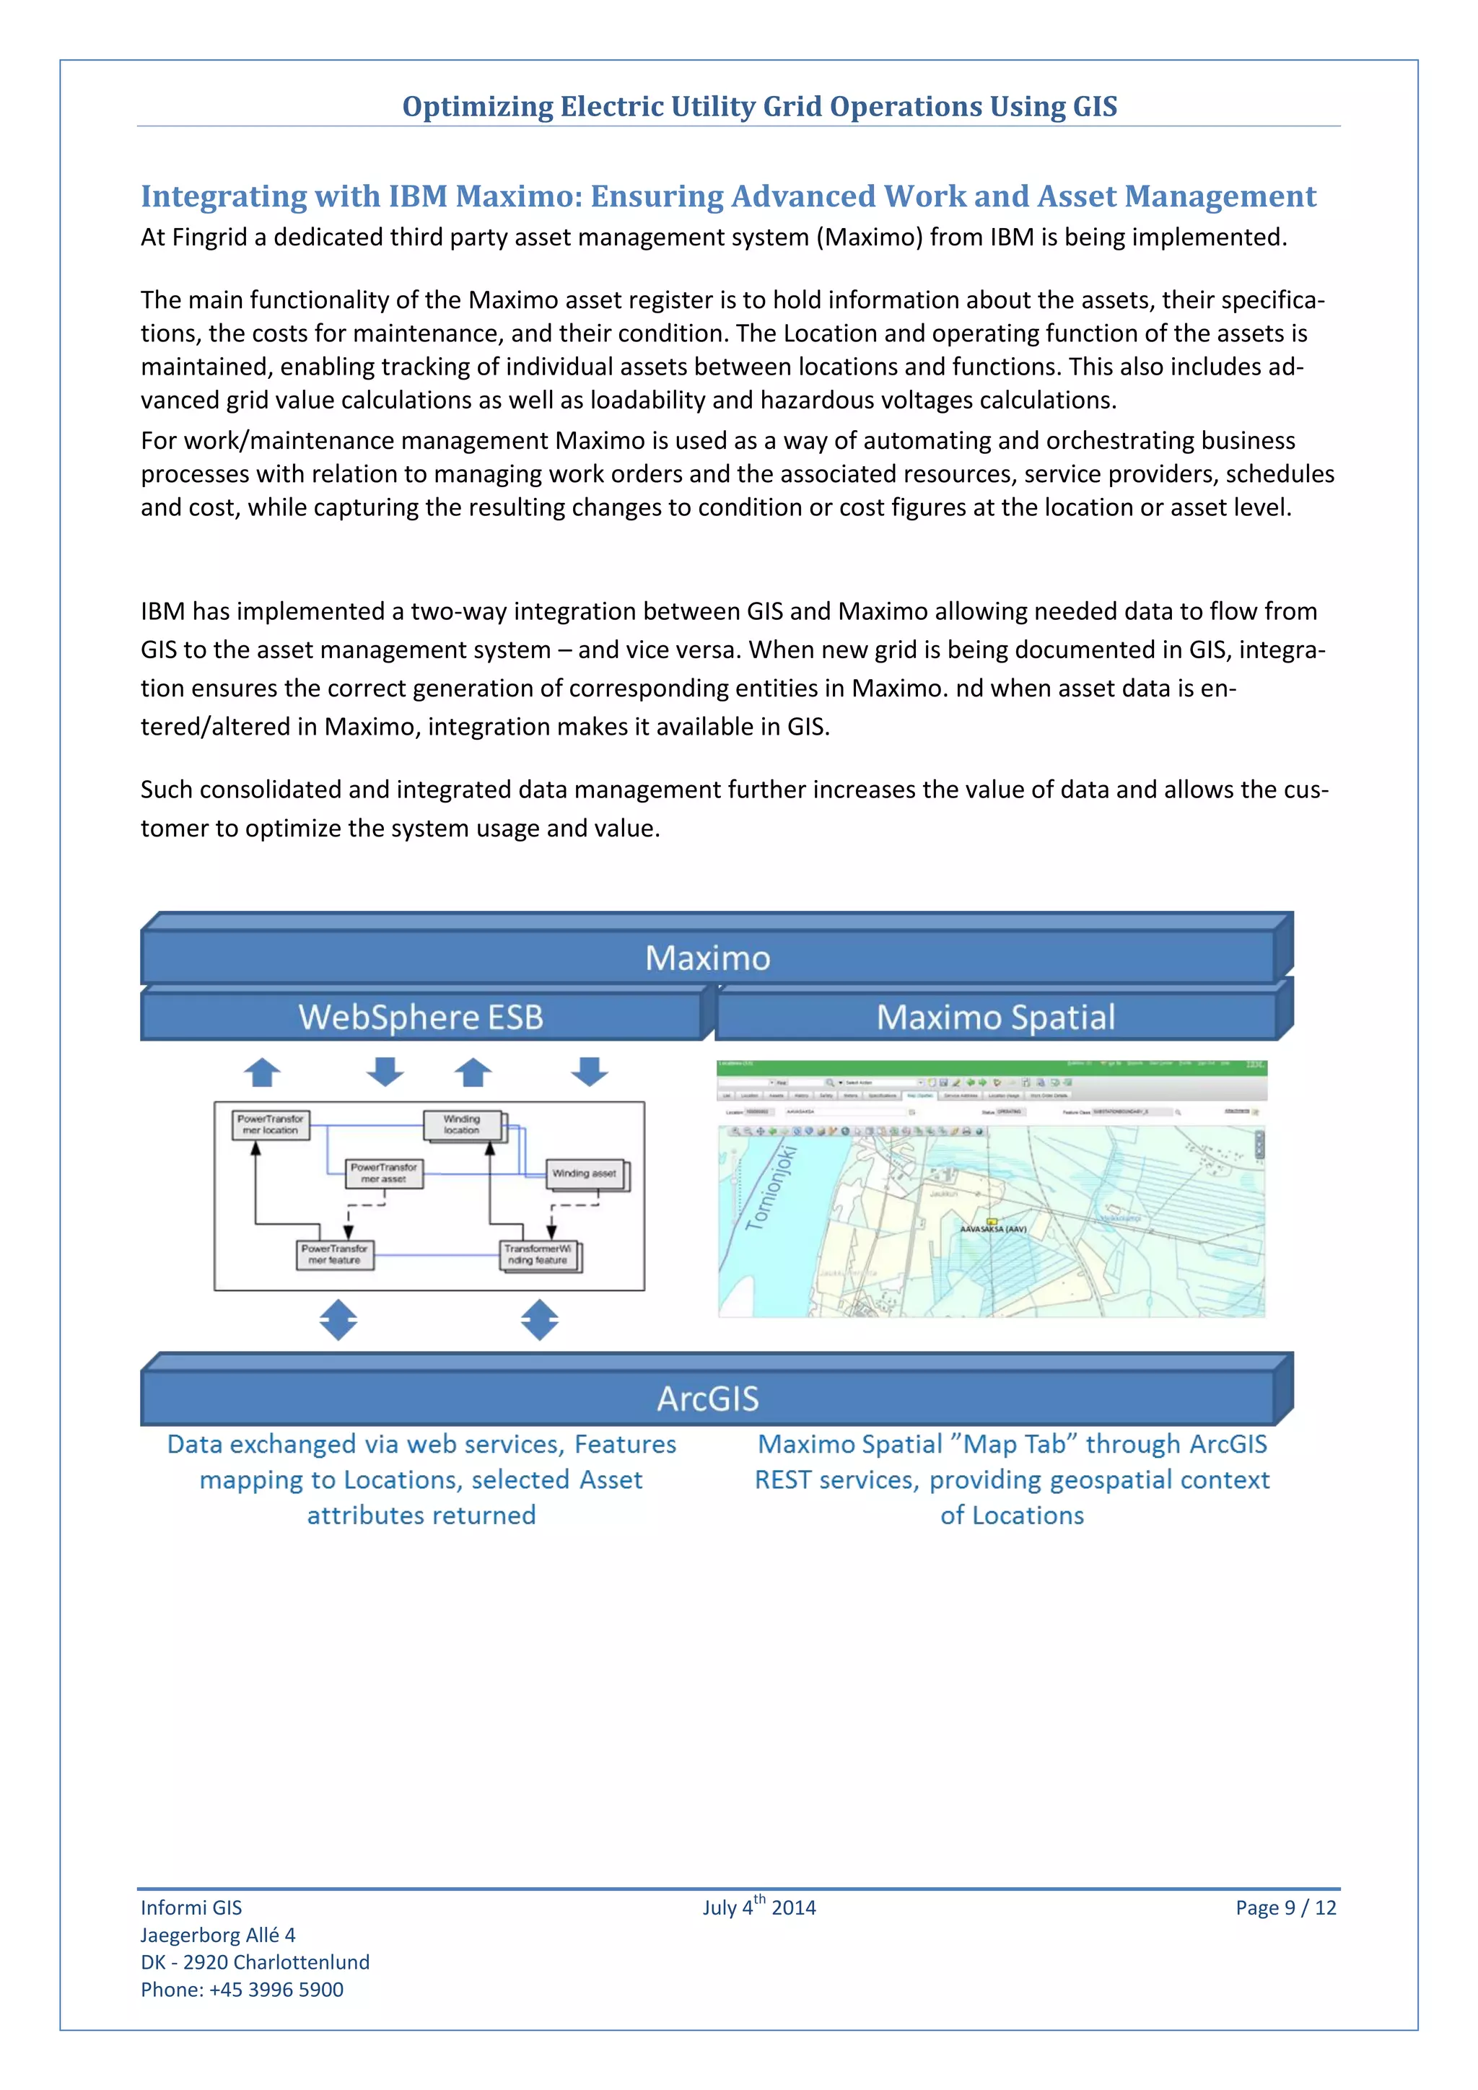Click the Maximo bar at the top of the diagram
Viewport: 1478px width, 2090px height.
click(707, 958)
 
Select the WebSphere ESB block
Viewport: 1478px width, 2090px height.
click(421, 1017)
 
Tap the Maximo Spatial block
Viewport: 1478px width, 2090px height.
click(996, 1017)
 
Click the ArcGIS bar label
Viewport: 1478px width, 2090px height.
click(707, 1398)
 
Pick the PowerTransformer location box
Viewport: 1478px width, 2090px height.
click(271, 1125)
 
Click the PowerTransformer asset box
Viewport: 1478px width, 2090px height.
click(383, 1173)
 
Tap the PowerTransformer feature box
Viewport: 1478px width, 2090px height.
click(334, 1255)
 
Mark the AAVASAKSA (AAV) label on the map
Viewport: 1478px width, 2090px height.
click(993, 1229)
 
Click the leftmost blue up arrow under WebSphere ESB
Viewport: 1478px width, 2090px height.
click(262, 1072)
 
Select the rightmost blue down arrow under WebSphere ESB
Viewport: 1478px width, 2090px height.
click(590, 1072)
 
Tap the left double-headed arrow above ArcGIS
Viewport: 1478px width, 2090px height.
click(338, 1320)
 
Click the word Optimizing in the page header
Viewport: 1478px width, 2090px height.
click(477, 107)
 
